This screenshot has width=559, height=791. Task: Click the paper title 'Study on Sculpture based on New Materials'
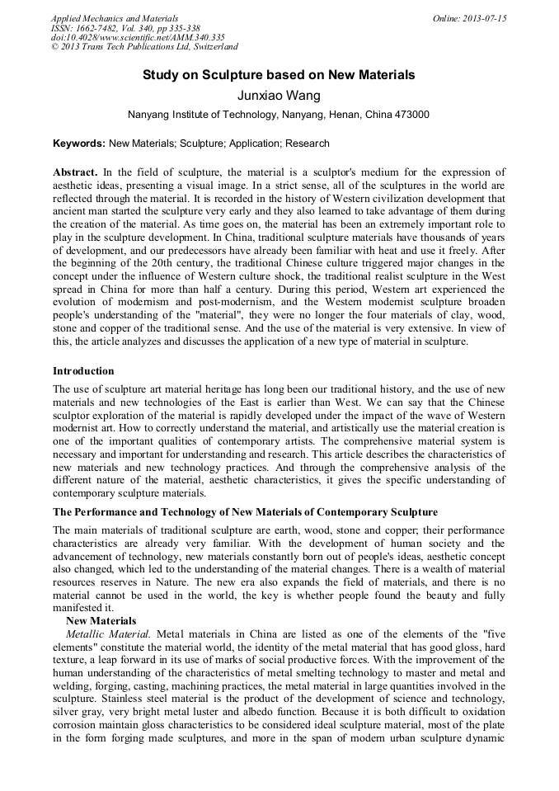coord(279,75)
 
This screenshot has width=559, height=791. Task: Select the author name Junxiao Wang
coord(279,96)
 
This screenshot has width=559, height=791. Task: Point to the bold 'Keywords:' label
coord(79,144)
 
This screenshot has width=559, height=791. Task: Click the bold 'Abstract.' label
coord(75,172)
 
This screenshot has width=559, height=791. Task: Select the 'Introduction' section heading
coord(83,370)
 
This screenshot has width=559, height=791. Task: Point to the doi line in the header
coord(138,38)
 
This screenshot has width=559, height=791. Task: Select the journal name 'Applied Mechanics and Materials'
coord(115,18)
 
